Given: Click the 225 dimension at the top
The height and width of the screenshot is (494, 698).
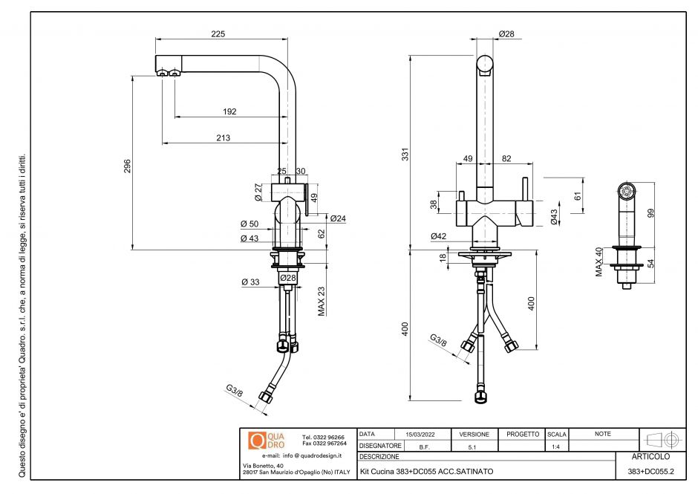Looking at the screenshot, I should pos(218,33).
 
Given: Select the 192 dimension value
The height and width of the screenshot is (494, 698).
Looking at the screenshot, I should pos(229,111).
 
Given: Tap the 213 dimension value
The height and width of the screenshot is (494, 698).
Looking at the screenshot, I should pos(223,137).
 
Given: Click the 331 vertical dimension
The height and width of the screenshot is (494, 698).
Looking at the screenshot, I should pos(405,155).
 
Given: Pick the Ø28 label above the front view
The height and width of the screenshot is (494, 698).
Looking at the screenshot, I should pos(507,33).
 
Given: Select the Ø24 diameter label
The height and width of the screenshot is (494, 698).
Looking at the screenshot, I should pos(338,218).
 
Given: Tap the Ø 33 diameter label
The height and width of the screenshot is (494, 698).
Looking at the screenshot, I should pos(249,282).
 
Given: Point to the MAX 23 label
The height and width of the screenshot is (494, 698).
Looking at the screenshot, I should pos(322,302).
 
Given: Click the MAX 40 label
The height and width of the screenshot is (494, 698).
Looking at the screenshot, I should pos(598,262).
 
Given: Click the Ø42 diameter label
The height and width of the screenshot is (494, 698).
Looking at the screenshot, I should pos(439,236).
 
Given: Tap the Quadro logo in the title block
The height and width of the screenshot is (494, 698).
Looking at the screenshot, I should pos(266,440).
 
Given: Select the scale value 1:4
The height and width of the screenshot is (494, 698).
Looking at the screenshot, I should pos(556,446).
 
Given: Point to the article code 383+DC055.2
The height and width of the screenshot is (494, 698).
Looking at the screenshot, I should pos(650,472).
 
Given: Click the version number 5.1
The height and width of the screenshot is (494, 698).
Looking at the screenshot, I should pos(474,447).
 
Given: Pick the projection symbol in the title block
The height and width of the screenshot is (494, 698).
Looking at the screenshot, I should pos(663,439).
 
